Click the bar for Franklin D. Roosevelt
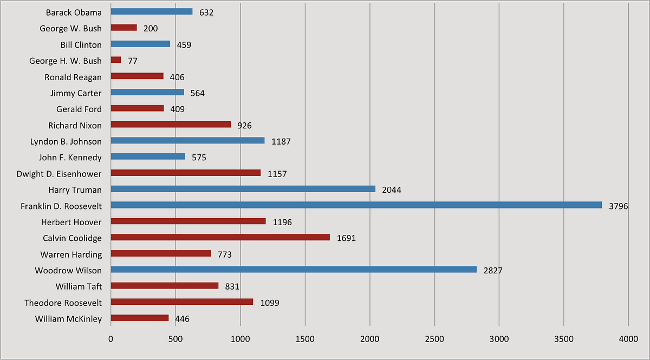click(356, 205)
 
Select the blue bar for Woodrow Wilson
click(294, 270)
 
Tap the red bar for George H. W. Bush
click(116, 60)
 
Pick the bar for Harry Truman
click(243, 189)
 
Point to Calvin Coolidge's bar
click(220, 237)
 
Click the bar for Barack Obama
click(152, 11)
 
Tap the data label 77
click(133, 61)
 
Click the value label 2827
click(493, 271)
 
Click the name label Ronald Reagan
click(73, 77)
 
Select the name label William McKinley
click(68, 319)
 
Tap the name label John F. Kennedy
click(70, 158)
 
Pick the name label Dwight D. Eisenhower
click(60, 174)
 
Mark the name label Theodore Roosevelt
click(63, 303)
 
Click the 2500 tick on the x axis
click(434, 339)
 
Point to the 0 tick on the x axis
click(111, 339)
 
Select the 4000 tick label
click(628, 339)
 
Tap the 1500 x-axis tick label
click(305, 339)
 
